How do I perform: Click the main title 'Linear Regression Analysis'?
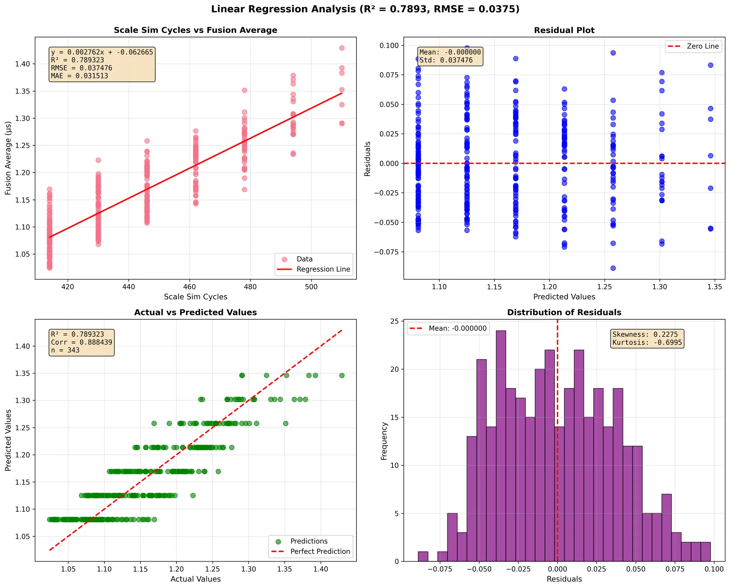tap(365, 9)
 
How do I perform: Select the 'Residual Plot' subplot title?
tap(564, 30)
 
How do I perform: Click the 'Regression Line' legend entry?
tap(323, 269)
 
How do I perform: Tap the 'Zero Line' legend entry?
tap(702, 46)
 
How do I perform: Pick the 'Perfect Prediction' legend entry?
tap(320, 552)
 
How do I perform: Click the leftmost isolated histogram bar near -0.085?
tap(423, 556)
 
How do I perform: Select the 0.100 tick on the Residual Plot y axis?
tap(391, 45)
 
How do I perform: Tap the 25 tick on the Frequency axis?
tap(395, 321)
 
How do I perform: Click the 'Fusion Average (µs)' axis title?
tap(8, 158)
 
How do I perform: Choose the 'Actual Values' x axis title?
tap(195, 579)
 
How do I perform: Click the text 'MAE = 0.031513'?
tap(79, 76)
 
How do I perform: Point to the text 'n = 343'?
tap(65, 350)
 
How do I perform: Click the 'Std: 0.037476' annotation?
tap(446, 60)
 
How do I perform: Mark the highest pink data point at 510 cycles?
tap(341, 48)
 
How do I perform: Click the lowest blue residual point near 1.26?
tap(613, 268)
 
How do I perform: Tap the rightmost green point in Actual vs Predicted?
tap(341, 375)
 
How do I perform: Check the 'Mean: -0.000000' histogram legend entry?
tap(457, 329)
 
